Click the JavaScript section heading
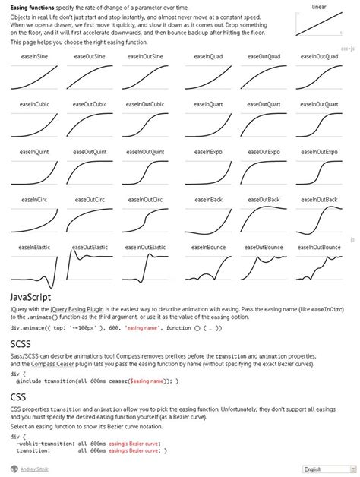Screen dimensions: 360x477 pos(30,297)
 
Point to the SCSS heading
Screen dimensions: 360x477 pos(20,344)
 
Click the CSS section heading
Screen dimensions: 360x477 pos(18,396)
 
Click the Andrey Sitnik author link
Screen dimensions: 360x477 pos(36,469)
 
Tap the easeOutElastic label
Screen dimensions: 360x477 pos(90,248)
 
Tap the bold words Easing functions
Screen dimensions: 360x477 pos(32,7)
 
